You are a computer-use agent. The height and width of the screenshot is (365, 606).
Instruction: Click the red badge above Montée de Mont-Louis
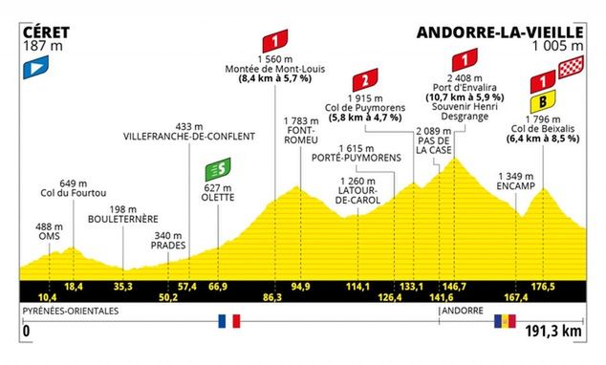click(274, 42)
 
